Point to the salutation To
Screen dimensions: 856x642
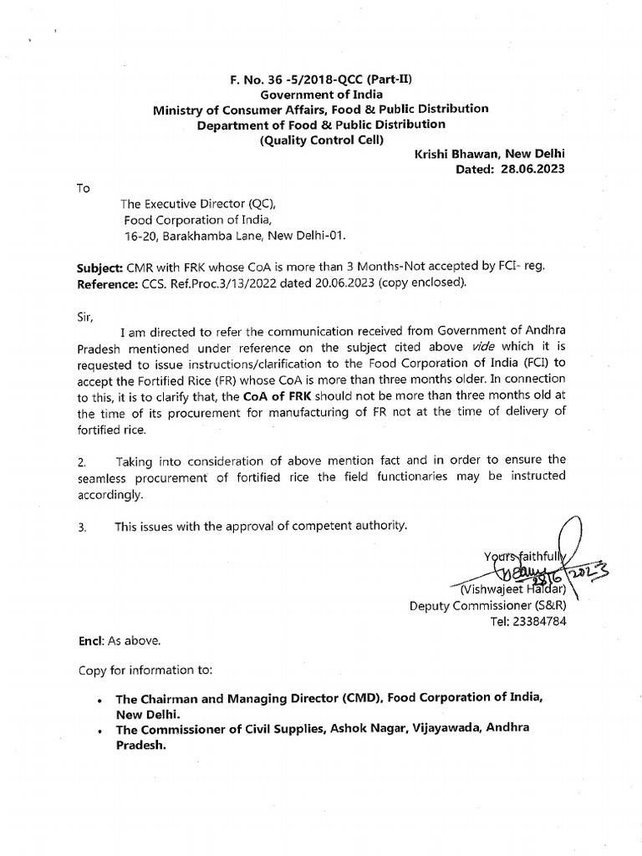84,188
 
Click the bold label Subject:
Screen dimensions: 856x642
100,266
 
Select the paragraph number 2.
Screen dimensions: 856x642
83,460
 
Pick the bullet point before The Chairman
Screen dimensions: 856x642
99,698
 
